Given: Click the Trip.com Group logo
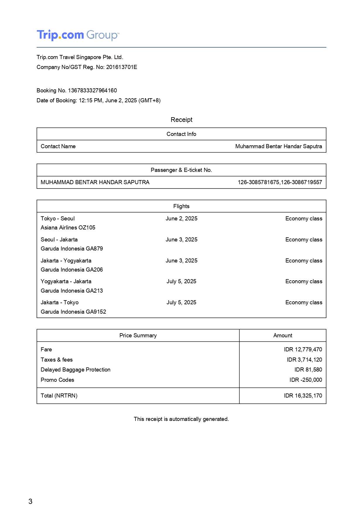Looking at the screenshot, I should tap(78, 35).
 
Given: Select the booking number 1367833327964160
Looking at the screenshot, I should tap(92, 91).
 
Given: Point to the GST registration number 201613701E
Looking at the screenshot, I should tap(121, 67).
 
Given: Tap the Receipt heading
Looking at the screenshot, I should tap(181, 120).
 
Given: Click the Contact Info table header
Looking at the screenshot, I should tap(181, 134).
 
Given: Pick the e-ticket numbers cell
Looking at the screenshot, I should tap(280, 182).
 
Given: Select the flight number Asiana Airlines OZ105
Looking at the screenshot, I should tap(68, 228).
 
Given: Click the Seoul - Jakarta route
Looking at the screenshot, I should tap(59, 240).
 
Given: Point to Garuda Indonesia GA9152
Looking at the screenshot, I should tap(73, 312).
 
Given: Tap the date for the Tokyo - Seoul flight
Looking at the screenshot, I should tap(181, 219).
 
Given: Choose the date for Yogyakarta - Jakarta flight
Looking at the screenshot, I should tap(181, 281).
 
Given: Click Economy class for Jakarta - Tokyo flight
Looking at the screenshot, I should tap(304, 303).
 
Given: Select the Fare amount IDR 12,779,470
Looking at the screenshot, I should tap(303, 350).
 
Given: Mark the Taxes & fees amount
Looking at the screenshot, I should tap(304, 360).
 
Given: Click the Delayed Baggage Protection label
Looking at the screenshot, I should tap(76, 370).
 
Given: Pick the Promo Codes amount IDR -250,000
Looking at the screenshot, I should tap(306, 380).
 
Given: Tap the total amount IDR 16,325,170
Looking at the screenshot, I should tap(303, 396).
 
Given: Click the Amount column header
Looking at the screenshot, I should tap(282, 336).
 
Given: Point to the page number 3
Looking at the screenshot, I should tap(30, 502).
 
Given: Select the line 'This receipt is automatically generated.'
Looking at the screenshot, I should tap(181, 419).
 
